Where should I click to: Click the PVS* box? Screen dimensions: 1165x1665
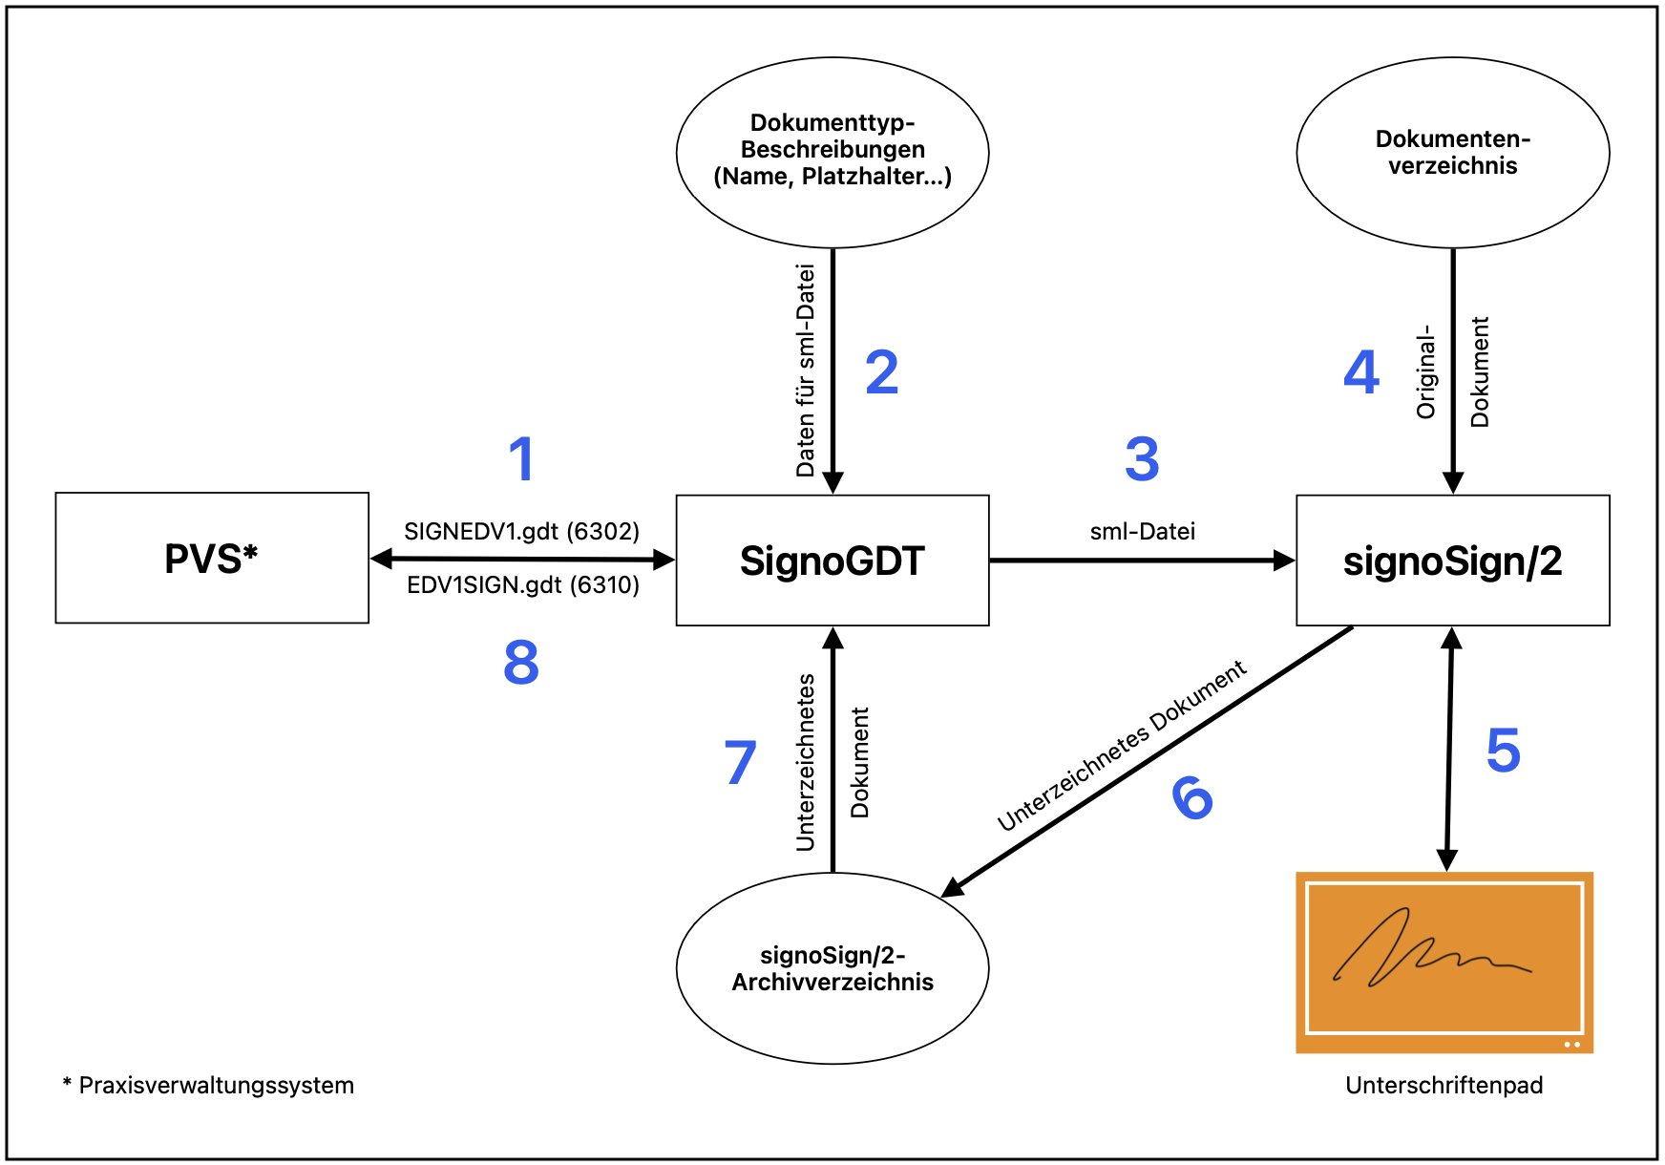[x=212, y=558]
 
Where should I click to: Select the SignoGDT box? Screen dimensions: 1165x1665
[x=832, y=561]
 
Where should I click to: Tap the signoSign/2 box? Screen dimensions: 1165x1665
[x=1452, y=561]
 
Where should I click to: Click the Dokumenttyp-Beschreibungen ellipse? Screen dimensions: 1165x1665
[x=832, y=151]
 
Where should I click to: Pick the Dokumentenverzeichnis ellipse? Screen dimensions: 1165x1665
[x=1452, y=153]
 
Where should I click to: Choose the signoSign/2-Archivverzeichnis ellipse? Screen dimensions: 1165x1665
[x=832, y=968]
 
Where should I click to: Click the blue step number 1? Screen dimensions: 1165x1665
[x=521, y=459]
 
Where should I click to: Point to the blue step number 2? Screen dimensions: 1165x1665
[x=882, y=372]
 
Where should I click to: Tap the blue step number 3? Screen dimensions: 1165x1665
[x=1142, y=459]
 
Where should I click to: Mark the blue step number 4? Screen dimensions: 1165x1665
[x=1361, y=372]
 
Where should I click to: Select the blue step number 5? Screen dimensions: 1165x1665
[x=1504, y=751]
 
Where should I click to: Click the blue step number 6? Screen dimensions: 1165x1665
[x=1192, y=797]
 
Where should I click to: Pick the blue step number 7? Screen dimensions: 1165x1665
[x=741, y=762]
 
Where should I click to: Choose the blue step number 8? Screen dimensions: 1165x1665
[x=521, y=663]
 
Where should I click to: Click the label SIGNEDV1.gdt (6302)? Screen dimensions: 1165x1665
[x=521, y=531]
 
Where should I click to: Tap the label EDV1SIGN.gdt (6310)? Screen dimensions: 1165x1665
[x=523, y=584]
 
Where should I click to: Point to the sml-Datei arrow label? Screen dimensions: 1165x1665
[x=1142, y=531]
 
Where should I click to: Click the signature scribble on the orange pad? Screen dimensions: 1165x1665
[x=1423, y=950]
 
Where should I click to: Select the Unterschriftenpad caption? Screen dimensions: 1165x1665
[x=1444, y=1085]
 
